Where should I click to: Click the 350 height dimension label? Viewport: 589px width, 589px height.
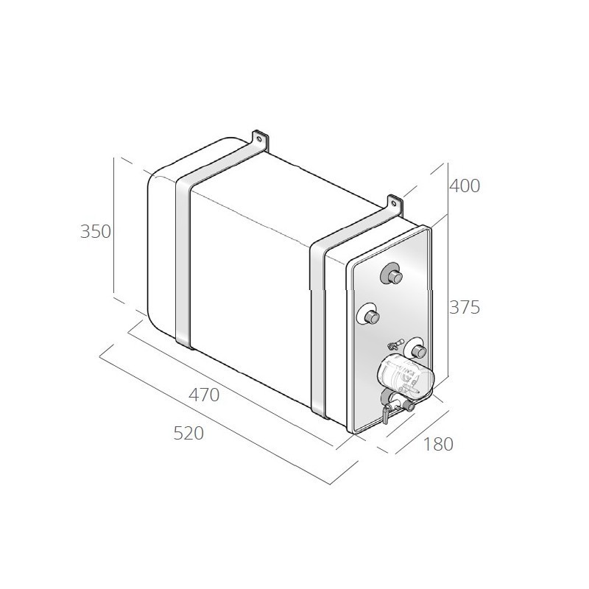[96, 231]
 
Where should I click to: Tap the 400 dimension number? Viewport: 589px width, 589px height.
[465, 186]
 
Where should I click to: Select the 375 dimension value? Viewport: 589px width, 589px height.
[465, 308]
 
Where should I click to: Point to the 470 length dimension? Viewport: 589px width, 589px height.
[204, 395]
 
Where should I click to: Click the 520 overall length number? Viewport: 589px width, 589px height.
[188, 433]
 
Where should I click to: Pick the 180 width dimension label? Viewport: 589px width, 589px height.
[438, 445]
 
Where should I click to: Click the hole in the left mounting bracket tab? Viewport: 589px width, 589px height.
[258, 138]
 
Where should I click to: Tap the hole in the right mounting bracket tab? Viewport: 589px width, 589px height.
[393, 203]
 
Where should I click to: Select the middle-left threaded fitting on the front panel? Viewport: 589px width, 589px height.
[371, 315]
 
